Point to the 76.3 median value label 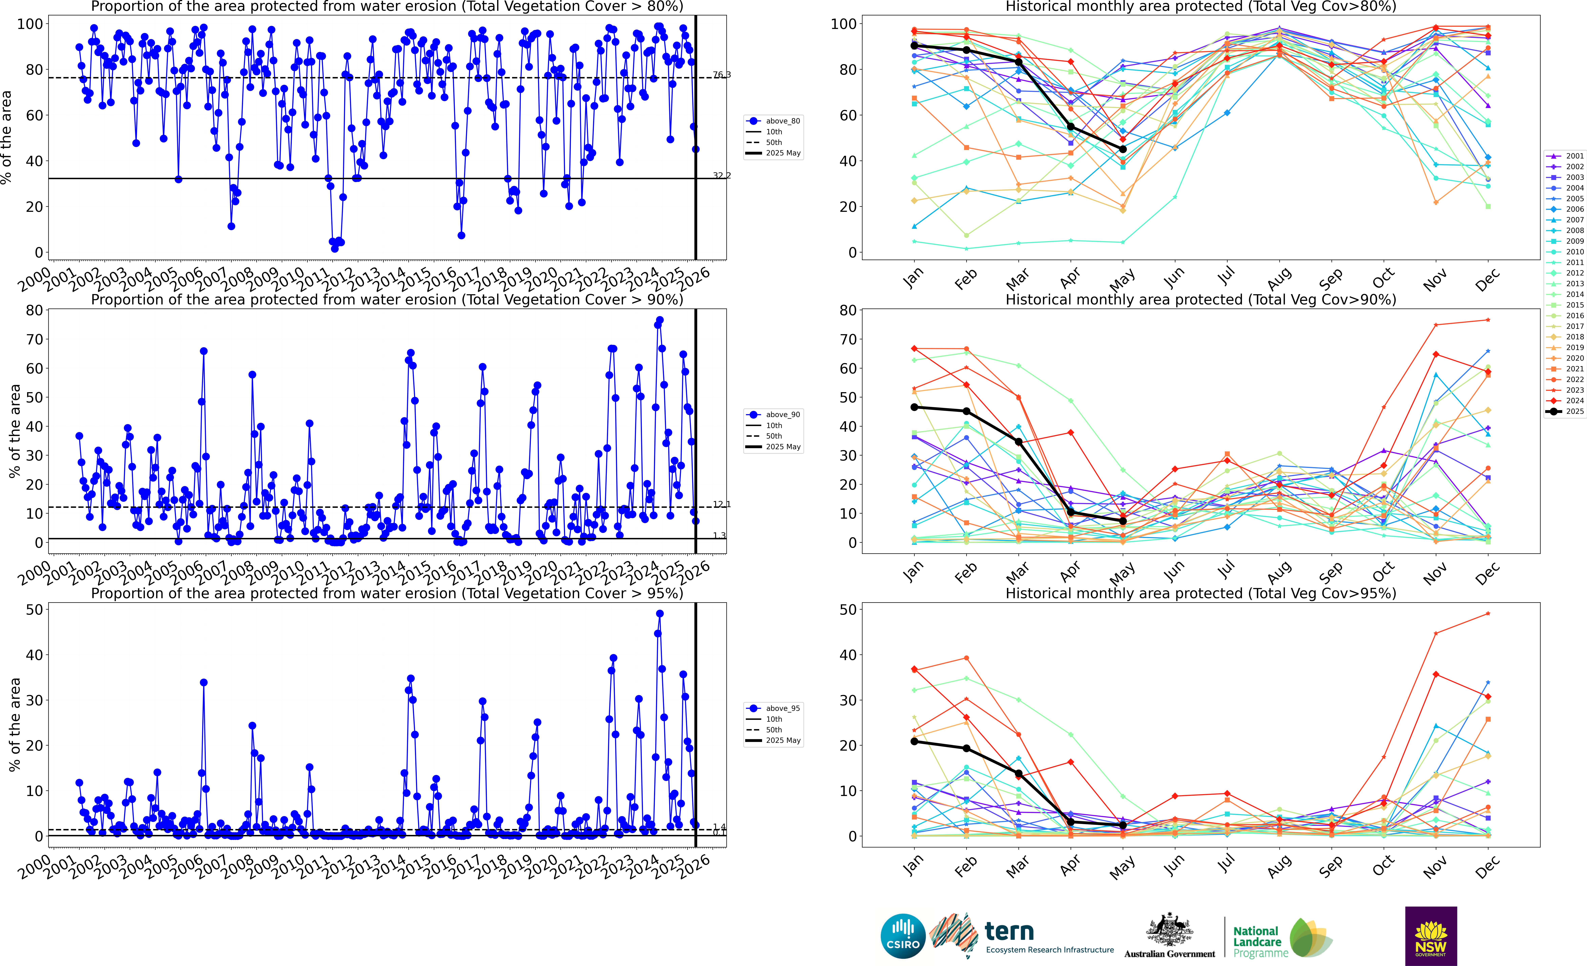pyautogui.click(x=721, y=75)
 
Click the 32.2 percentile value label pyautogui.click(x=721, y=175)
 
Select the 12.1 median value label pyautogui.click(x=721, y=504)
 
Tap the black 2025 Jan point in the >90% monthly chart pyautogui.click(x=914, y=407)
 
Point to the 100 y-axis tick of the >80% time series pyautogui.click(x=30, y=24)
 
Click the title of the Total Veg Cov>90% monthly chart pyautogui.click(x=1201, y=300)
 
